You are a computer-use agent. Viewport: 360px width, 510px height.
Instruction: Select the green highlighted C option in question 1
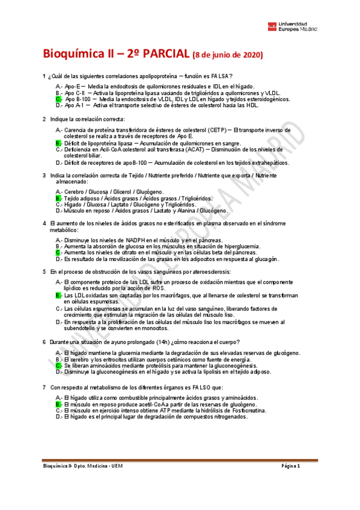pos(58,99)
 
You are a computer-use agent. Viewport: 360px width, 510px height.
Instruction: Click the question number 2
pos(44,119)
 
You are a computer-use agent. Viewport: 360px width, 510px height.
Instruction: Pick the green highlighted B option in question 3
pos(58,198)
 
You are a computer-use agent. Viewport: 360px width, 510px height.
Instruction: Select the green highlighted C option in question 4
pos(58,253)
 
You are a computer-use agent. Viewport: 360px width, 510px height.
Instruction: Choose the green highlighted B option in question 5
pos(58,295)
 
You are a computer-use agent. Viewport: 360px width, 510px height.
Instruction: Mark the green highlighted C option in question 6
pos(58,365)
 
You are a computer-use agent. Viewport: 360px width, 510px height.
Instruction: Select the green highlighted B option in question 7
pos(58,405)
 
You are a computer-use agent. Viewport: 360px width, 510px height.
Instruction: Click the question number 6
pos(44,342)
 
